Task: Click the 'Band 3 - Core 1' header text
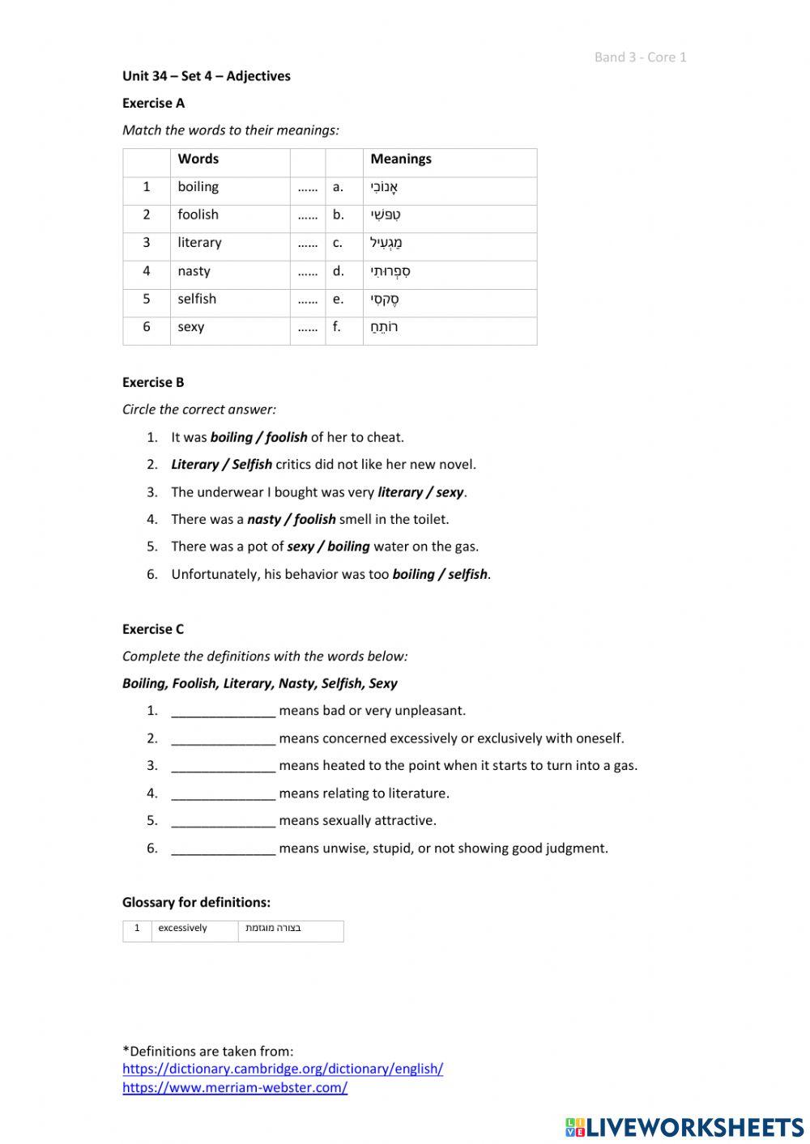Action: point(640,57)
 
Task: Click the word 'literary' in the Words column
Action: point(199,243)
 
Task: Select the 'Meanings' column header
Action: point(401,159)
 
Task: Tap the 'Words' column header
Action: point(198,159)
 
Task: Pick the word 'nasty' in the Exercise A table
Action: point(194,271)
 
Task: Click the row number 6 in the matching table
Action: point(147,327)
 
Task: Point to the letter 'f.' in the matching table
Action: point(337,327)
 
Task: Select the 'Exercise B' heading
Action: point(153,382)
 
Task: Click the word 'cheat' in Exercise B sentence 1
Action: point(384,437)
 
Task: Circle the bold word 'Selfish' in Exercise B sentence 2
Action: point(252,465)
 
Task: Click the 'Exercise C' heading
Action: point(153,629)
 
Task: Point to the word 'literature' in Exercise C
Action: point(416,793)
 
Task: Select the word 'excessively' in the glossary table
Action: point(182,929)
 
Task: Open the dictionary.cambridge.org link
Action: point(283,1069)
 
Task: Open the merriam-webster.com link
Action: point(235,1088)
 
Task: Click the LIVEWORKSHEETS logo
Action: point(684,1126)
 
